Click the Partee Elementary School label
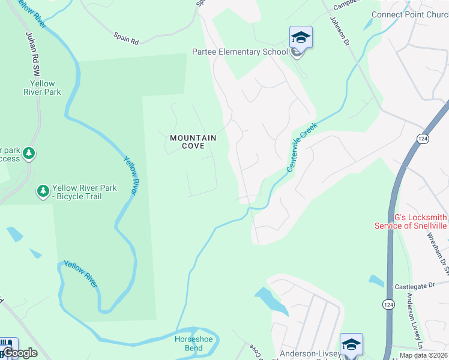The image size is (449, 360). (240, 52)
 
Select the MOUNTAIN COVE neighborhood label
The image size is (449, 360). (192, 142)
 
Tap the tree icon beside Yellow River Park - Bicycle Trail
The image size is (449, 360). (43, 191)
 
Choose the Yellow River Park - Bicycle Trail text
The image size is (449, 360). (84, 192)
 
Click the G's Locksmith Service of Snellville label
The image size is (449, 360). (411, 221)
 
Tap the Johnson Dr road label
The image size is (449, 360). (339, 29)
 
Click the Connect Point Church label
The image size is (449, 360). (410, 14)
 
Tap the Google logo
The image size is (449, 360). (19, 353)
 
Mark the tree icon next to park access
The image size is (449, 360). (28, 154)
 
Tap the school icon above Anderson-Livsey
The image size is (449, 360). (351, 345)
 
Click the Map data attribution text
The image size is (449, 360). (423, 356)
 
